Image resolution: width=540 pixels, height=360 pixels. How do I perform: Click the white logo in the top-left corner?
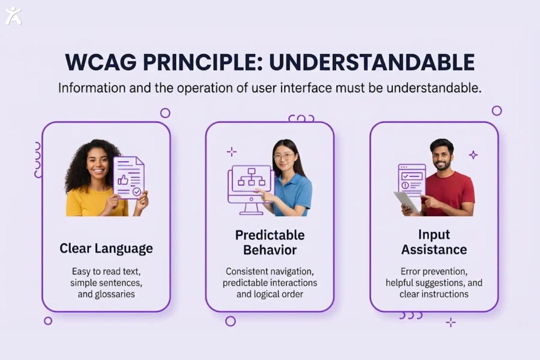[13, 16]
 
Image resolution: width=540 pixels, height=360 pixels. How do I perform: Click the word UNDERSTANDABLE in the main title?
[372, 62]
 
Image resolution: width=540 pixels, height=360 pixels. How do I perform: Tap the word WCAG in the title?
[100, 62]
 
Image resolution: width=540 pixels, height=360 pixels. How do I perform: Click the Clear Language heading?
[106, 248]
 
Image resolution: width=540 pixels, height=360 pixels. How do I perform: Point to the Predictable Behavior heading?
[270, 242]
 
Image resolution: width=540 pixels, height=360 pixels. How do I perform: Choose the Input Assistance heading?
[434, 242]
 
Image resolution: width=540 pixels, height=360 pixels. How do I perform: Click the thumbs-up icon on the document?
[123, 180]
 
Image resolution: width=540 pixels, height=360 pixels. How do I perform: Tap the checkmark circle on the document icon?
[137, 192]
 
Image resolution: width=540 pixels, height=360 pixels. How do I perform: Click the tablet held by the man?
[406, 201]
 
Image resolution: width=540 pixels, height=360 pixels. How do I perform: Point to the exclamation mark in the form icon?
[405, 185]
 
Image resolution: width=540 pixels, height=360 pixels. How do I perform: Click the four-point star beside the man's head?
[473, 155]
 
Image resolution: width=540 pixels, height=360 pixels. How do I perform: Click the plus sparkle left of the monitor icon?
[232, 152]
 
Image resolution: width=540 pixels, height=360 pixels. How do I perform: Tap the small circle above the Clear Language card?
[165, 113]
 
